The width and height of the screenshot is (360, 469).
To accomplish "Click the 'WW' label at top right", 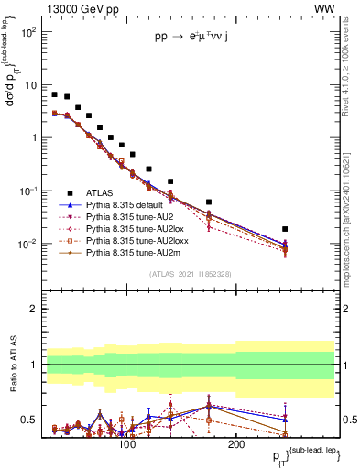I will point(323,8).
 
